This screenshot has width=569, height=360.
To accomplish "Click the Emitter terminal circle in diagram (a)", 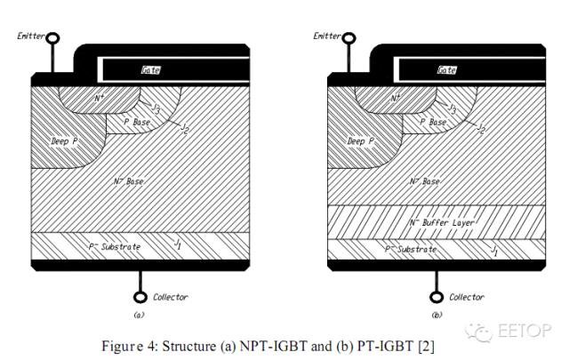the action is pos(53,37).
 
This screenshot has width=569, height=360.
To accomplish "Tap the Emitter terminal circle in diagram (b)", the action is pos(349,37).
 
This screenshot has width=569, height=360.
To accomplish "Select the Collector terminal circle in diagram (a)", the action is pos(140,297).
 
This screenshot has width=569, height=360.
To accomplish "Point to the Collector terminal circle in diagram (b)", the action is pos(437,297).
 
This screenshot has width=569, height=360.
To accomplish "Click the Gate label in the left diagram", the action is pos(150,69).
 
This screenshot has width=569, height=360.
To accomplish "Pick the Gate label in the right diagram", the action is pos(446,69).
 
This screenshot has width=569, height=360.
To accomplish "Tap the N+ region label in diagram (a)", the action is pos(100,98).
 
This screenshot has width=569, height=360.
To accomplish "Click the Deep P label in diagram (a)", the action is pos(64,140).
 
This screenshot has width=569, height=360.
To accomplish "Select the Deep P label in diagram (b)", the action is pos(360,140).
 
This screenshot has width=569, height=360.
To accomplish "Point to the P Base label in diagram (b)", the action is pos(433,122).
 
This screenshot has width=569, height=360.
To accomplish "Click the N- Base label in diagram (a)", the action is pos(128,180).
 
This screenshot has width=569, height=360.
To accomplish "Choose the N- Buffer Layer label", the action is pos(442,222).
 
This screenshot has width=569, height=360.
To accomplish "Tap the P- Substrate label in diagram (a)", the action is pos(115,247).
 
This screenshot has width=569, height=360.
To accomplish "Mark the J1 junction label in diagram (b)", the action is pos(494,250).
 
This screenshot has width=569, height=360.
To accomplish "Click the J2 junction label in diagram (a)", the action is pos(185,128).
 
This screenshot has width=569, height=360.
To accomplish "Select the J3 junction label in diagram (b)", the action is pos(453,108).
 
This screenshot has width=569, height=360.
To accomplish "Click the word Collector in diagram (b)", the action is pos(467,297).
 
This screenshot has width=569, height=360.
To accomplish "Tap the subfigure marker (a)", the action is pos(139,315).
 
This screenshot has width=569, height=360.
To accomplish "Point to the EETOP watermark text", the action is pos(525,331).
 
